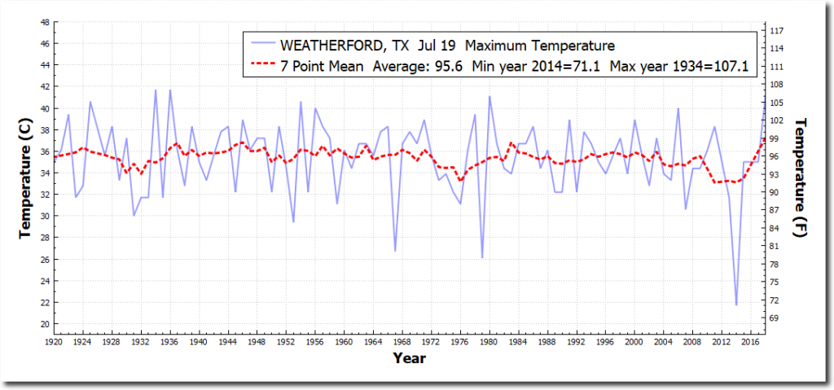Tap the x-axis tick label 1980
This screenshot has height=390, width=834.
tap(489, 343)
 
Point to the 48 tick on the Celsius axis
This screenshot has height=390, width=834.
tap(43, 22)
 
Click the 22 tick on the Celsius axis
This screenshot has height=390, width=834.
tap(43, 302)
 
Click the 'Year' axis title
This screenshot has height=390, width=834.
tap(406, 357)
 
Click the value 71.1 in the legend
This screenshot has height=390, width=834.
tap(583, 65)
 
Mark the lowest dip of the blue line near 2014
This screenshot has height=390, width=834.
tap(736, 305)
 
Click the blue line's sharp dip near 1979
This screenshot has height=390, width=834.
tap(482, 257)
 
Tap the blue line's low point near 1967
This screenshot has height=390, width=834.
tap(395, 251)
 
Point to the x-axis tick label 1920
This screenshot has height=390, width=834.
tap(54, 343)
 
